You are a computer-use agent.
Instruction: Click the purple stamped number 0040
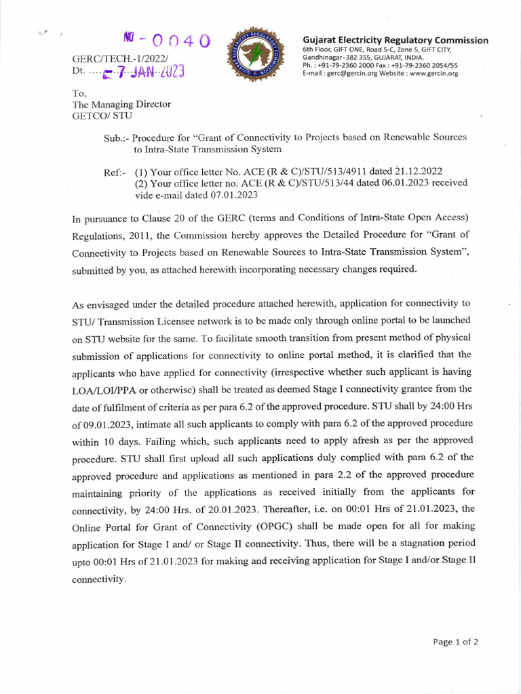[x=166, y=41]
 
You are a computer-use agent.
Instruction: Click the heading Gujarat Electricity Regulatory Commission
[x=395, y=40]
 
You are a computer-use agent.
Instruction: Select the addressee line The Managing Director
[x=121, y=104]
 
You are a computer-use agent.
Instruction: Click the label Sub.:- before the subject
[x=117, y=138]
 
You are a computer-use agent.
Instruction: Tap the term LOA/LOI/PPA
[x=107, y=388]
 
